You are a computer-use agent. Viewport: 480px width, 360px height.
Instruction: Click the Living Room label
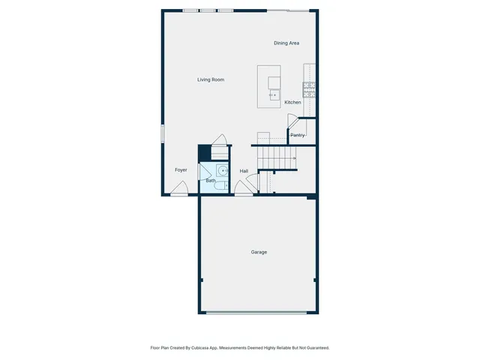coord(211,79)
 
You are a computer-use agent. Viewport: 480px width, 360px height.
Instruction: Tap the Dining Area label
coord(286,43)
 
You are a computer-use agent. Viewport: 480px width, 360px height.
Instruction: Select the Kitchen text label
coord(292,102)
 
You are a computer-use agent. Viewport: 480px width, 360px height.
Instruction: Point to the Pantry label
coord(298,135)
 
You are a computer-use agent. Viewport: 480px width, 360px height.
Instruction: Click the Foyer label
coord(181,170)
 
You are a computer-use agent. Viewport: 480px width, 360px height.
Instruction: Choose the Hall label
coord(244,171)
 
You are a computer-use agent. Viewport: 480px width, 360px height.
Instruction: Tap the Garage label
coord(259,252)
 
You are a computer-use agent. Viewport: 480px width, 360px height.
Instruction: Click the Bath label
coord(211,181)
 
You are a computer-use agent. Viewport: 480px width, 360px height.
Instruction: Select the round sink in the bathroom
coord(222,170)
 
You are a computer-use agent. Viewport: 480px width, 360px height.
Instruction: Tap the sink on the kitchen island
coord(273,95)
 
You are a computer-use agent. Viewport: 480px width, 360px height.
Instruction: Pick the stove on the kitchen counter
coord(309,90)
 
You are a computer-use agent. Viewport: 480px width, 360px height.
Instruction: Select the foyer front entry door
coord(178,193)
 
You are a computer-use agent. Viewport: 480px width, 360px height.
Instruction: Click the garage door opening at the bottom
coord(256,313)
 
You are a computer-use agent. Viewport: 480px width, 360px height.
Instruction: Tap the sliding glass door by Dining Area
coord(289,10)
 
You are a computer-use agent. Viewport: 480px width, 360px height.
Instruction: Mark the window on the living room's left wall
coord(162,133)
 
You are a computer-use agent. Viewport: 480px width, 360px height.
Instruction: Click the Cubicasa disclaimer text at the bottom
coord(240,348)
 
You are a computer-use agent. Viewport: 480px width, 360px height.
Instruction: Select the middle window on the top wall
coord(208,10)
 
